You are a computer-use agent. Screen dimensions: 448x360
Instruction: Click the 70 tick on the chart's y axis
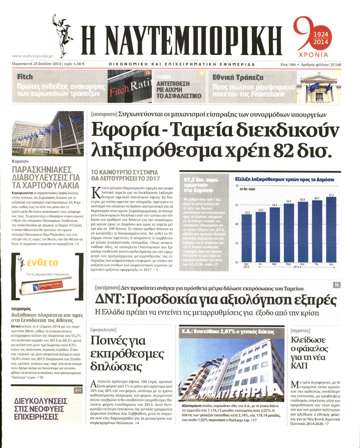point(237,186)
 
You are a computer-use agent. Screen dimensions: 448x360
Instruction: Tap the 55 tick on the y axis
point(237,243)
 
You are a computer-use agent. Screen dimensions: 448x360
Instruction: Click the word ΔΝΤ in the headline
point(109,300)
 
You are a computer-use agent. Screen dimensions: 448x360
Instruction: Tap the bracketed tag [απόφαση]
point(104,115)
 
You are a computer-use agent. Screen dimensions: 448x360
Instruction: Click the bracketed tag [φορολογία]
point(103,330)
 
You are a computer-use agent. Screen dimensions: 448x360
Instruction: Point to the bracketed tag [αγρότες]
point(300,331)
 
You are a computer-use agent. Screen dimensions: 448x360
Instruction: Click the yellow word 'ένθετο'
point(43,262)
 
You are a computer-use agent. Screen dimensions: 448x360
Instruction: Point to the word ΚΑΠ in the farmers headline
point(299,366)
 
